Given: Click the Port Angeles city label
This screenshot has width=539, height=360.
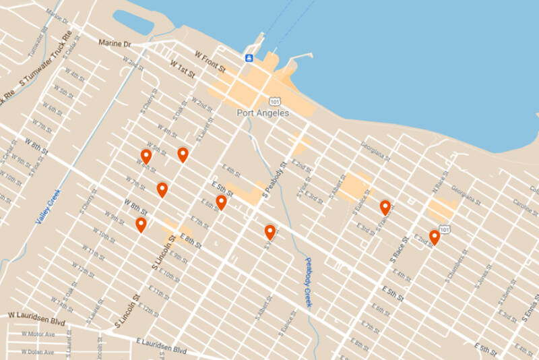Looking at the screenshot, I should pos(263,113).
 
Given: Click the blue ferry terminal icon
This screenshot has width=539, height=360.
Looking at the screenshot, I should pos(249,58).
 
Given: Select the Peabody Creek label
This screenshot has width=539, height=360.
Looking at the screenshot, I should pos(308,283).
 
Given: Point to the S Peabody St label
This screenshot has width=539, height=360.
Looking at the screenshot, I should pos(276,177).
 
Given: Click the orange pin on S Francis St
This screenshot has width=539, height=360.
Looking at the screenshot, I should pos(385,208).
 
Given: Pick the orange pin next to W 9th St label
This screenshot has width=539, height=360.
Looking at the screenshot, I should pos(141,224).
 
